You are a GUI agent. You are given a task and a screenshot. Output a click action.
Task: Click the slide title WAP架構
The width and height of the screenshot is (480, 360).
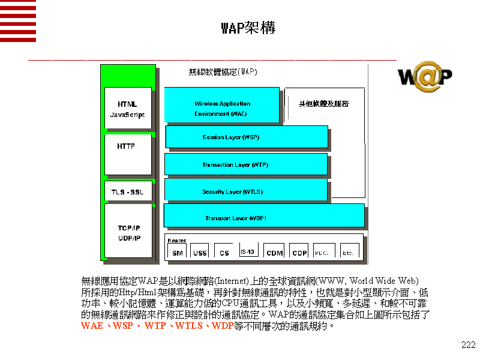coord(248,28)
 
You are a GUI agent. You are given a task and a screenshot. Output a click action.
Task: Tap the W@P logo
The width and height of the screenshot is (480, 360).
coord(425,76)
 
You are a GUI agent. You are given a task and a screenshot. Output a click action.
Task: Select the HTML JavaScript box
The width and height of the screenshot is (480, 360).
coord(128,109)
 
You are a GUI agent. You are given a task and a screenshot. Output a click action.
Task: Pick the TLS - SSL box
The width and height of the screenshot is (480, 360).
coord(128,192)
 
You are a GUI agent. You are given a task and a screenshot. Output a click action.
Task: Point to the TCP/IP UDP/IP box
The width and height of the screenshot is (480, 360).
coord(128,232)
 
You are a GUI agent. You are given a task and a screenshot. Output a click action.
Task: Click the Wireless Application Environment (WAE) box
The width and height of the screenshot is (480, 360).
coord(221,106)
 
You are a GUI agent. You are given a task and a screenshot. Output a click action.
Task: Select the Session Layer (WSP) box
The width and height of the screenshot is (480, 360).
coord(246,137)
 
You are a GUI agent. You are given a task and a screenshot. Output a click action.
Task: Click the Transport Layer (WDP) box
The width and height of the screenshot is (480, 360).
coord(263,217)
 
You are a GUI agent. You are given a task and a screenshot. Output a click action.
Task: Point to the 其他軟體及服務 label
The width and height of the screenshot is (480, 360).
coord(324,104)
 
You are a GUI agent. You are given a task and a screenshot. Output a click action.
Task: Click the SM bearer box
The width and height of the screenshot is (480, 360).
coord(178,252)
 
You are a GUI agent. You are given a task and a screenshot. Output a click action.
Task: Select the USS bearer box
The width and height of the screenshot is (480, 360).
coord(200,252)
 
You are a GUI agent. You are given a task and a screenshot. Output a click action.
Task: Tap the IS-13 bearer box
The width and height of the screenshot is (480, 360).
coord(248,251)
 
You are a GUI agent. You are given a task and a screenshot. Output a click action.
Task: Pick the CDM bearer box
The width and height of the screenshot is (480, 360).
coord(274,252)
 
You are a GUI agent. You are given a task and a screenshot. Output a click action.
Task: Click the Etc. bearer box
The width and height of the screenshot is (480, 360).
coord(348,252)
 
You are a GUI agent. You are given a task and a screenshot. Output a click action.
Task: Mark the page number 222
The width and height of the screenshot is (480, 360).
coord(468,344)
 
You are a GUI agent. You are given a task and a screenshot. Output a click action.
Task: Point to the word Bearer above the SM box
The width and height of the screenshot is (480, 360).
coord(176,240)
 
